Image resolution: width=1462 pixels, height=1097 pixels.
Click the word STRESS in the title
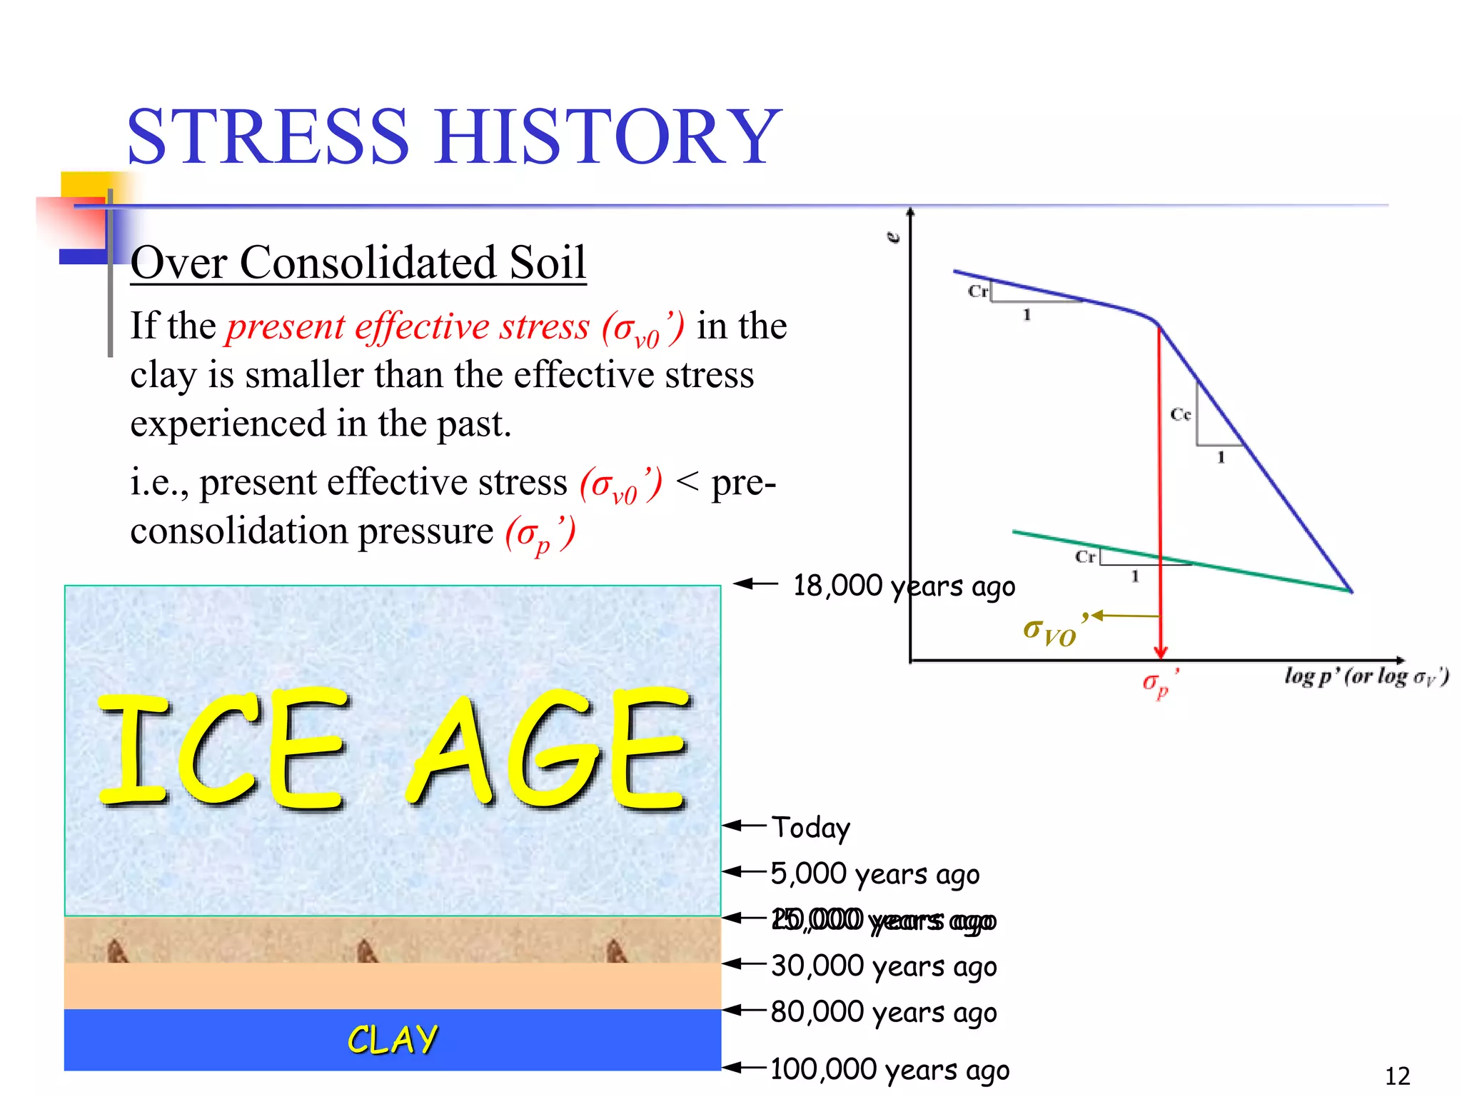[x=268, y=136]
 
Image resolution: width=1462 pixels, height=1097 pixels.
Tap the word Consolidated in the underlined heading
[x=367, y=262]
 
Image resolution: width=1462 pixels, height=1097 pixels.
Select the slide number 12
[x=1397, y=1076]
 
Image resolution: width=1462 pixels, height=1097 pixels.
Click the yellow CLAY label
[x=393, y=1039]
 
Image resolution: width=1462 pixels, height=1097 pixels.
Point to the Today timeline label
[x=811, y=828]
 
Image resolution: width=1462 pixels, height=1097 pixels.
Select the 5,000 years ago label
[x=875, y=874]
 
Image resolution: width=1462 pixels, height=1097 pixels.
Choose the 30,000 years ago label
[x=884, y=966]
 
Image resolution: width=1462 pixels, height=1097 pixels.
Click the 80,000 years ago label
[x=884, y=1013]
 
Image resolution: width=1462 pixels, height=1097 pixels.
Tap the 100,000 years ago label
[x=889, y=1070]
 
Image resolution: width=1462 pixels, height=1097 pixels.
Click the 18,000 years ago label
[x=904, y=586]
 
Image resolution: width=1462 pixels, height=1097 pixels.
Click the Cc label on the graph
[x=1180, y=414]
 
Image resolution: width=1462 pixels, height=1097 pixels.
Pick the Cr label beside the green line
[x=1085, y=556]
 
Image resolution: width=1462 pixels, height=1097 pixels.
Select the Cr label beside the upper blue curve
[x=977, y=291]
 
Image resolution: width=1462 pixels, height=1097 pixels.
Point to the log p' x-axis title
[x=1366, y=676]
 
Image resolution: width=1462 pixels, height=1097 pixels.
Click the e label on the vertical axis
[x=893, y=238]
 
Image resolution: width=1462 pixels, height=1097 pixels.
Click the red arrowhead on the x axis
[x=1161, y=651]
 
